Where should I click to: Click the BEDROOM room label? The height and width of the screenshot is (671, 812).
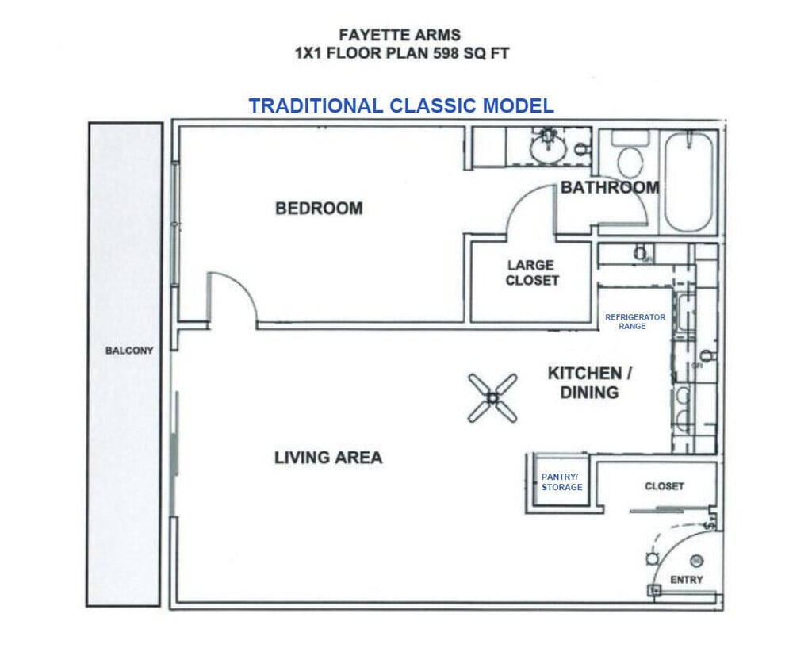[x=319, y=209]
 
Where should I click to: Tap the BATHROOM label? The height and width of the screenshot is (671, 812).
[x=610, y=188]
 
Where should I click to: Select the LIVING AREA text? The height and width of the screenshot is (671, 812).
[x=328, y=458]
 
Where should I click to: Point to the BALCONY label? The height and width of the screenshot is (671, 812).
[x=129, y=351]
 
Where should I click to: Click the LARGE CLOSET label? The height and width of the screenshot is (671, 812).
[x=531, y=273]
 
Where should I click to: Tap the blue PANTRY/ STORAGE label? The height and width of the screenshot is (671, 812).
[x=561, y=482]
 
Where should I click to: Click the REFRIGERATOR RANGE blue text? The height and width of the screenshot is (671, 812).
[x=635, y=321]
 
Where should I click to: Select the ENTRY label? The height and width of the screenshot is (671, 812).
[x=686, y=580]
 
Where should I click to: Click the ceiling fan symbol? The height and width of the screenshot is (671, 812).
[x=492, y=397]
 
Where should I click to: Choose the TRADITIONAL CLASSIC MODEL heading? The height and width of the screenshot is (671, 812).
[x=400, y=106]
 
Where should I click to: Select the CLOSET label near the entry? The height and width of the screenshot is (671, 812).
[x=664, y=486]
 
